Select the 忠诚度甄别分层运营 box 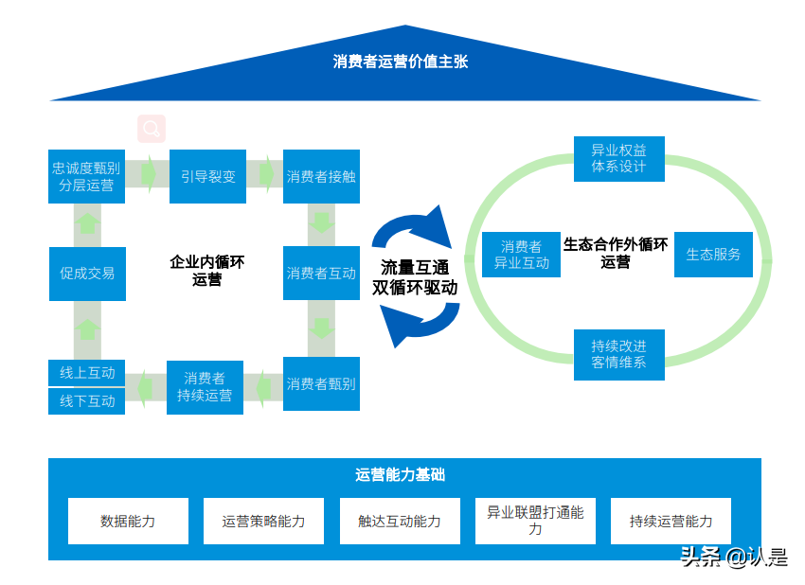click(86, 176)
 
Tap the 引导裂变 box click(208, 176)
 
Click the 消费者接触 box click(321, 176)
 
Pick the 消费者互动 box click(321, 274)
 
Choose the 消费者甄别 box click(321, 384)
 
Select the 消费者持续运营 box click(205, 387)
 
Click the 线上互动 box click(87, 373)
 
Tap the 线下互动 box click(87, 401)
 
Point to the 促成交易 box click(87, 274)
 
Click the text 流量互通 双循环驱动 click(415, 277)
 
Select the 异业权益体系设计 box click(618, 158)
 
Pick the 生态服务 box click(713, 255)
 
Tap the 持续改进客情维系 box click(618, 354)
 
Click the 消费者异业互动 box click(521, 255)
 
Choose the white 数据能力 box click(128, 521)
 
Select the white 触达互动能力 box click(400, 521)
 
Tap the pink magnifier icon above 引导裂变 click(152, 129)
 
